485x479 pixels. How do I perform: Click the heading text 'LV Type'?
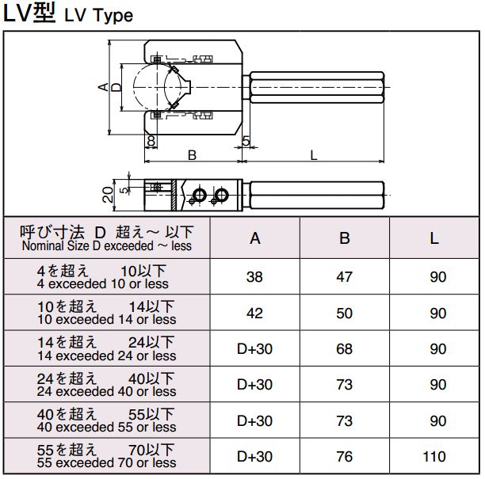[x=99, y=16]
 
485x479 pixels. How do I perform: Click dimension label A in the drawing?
[x=104, y=87]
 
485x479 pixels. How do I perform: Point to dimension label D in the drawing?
[x=116, y=87]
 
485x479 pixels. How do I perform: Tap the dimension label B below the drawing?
[x=192, y=155]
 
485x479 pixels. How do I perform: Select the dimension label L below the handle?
[x=314, y=155]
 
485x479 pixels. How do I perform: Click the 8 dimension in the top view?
[x=151, y=141]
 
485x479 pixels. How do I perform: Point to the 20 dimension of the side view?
[x=108, y=195]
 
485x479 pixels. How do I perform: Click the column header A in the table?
[x=255, y=238]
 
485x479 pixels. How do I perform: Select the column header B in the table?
[x=345, y=238]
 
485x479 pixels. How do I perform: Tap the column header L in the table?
[x=434, y=238]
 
